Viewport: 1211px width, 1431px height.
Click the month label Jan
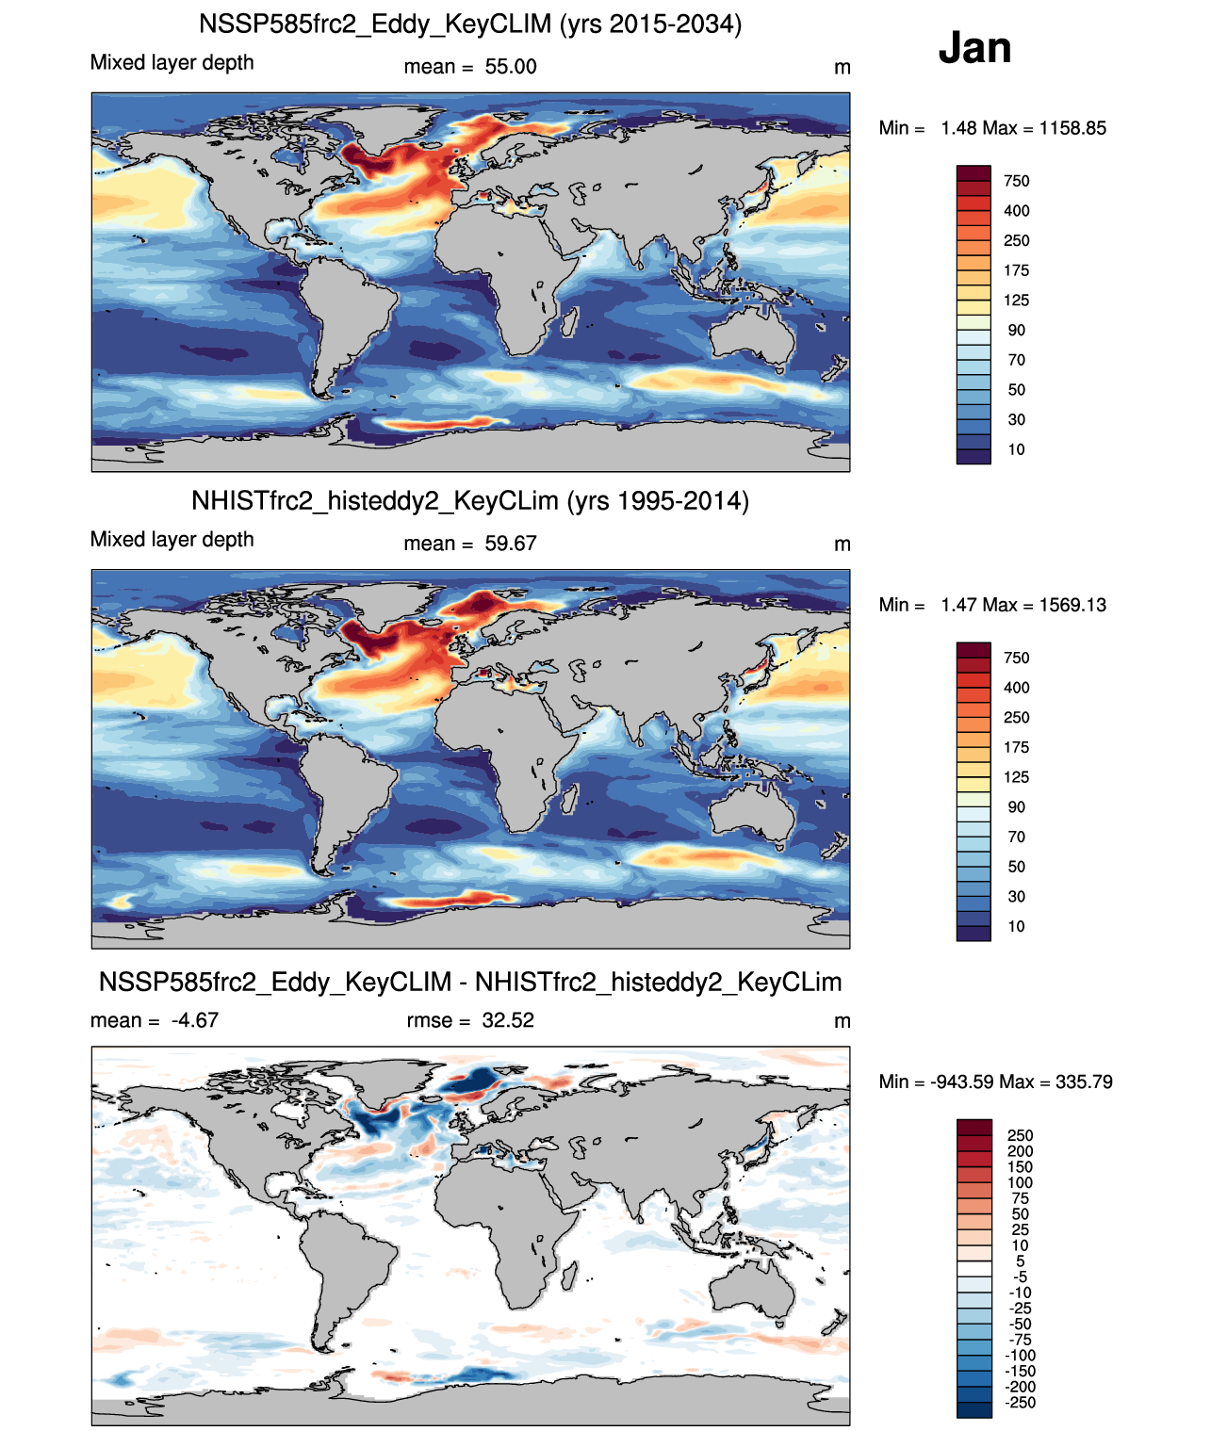(974, 48)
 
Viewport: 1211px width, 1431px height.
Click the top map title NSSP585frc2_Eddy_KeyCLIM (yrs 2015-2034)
(470, 24)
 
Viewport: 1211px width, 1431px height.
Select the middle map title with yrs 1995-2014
(470, 500)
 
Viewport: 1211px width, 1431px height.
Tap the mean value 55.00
(511, 67)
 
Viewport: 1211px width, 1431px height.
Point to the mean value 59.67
(511, 544)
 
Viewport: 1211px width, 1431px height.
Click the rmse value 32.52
(508, 1020)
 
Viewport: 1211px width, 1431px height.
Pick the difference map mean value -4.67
(195, 1020)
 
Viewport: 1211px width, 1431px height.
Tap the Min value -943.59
(961, 1081)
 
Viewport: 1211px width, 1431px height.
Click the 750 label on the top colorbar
(1016, 181)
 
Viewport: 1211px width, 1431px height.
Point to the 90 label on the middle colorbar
(1016, 807)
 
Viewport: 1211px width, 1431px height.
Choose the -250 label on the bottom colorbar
(1020, 1403)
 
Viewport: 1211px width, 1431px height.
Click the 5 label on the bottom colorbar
(1020, 1261)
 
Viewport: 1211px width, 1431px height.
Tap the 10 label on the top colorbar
(1016, 449)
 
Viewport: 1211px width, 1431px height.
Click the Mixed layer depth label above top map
(172, 62)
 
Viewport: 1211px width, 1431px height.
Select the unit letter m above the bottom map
(843, 1021)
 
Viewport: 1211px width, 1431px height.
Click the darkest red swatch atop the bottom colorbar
(974, 1128)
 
